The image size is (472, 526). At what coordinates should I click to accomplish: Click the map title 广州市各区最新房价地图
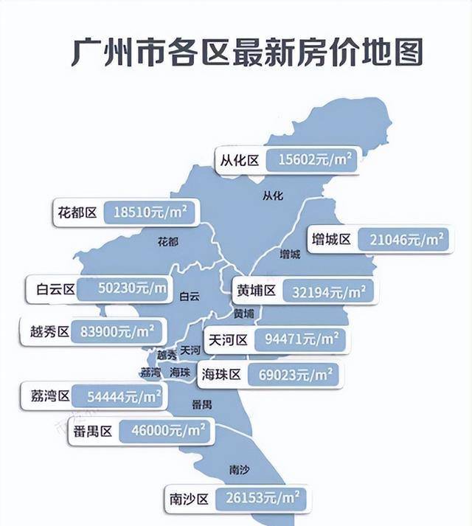pos(248,52)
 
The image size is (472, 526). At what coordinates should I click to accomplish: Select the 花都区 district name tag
pos(77,212)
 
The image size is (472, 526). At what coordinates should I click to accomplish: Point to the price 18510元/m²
pos(150,212)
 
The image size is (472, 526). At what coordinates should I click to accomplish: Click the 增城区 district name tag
pos(330,239)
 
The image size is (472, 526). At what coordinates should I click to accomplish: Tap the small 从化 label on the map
pos(273,195)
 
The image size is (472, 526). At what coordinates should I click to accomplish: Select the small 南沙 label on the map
pos(240,469)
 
